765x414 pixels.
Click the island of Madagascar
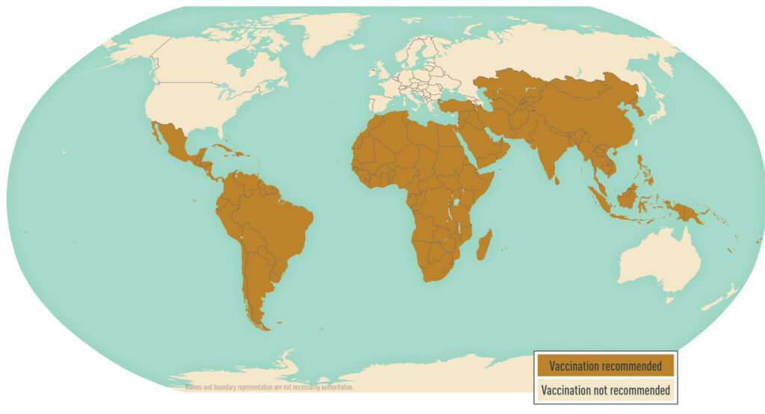483,245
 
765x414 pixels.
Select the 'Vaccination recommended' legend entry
605,366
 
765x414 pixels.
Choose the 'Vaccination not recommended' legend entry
605,389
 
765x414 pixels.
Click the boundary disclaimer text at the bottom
269,387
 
